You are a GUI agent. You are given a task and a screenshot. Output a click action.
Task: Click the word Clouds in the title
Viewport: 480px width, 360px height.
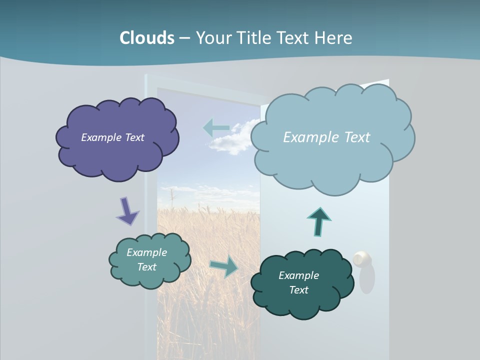point(147,38)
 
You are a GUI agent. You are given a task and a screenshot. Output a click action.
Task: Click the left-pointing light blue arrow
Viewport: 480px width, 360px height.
point(216,128)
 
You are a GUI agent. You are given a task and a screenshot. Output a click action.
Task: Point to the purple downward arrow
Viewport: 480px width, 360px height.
point(127,210)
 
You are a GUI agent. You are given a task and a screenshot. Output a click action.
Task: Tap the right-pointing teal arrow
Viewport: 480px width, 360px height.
point(224,266)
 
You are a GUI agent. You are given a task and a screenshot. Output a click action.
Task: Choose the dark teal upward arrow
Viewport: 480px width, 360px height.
point(319,221)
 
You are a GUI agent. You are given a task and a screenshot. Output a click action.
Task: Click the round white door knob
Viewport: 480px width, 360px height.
point(362,259)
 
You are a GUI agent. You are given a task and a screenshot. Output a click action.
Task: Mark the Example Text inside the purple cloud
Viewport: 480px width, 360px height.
point(112,137)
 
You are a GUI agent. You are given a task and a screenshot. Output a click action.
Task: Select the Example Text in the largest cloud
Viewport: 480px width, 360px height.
point(326,137)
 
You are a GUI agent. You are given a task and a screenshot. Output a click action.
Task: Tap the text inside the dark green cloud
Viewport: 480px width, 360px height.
point(298,282)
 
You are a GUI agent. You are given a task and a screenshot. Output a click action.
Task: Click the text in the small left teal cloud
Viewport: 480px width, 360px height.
point(146,259)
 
